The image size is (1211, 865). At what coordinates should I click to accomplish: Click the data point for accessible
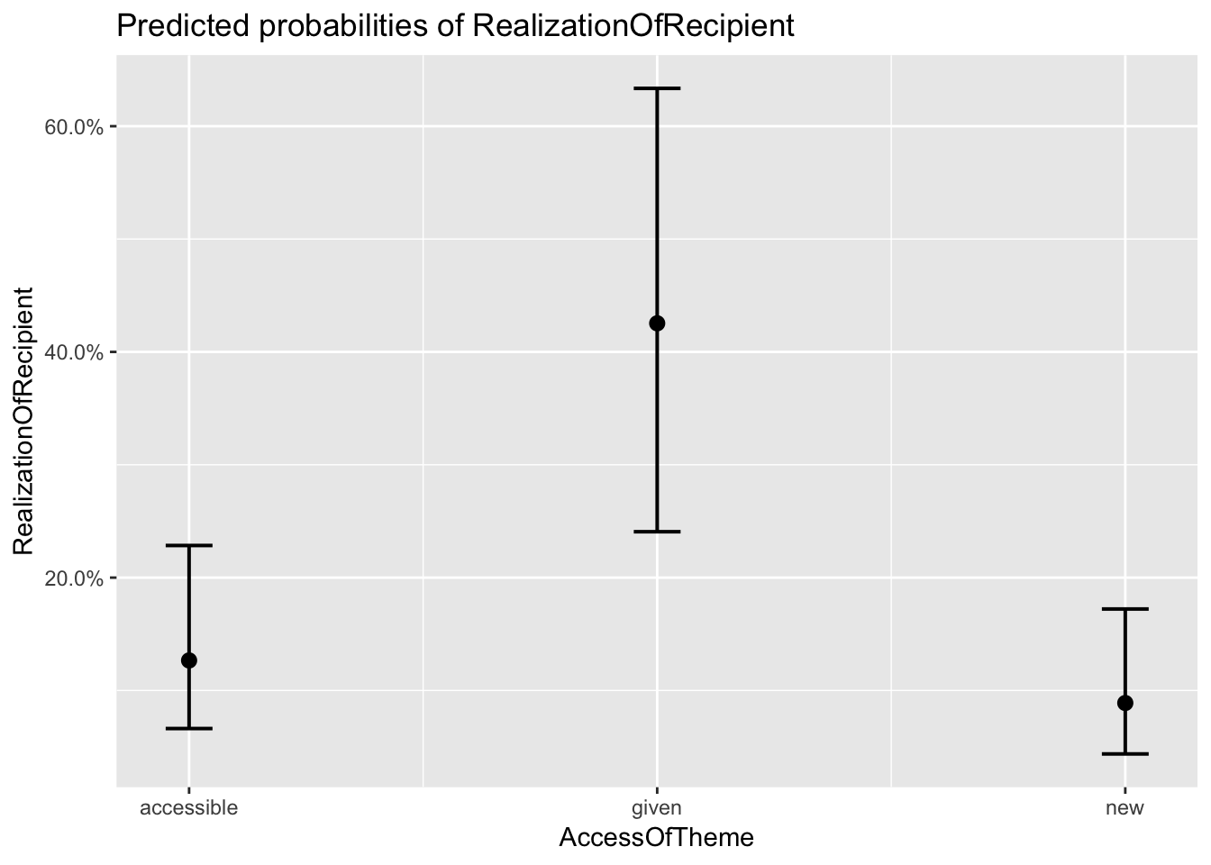point(189,660)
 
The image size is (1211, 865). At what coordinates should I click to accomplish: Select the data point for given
point(657,323)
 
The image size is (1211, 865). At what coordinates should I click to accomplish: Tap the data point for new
point(1124,703)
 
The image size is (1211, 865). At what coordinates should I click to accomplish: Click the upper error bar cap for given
point(657,88)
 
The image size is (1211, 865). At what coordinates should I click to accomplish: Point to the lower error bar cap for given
point(657,532)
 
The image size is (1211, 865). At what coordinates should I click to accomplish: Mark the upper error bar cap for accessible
point(189,546)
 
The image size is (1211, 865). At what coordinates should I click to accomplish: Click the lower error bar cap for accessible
point(189,728)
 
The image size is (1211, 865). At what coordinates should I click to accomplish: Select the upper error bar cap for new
point(1124,610)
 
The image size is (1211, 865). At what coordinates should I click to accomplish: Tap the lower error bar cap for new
point(1124,753)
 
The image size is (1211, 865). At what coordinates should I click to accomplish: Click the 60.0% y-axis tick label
point(74,127)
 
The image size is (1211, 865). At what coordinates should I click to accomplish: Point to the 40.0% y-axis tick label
point(74,352)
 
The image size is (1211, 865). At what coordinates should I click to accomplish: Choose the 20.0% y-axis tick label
point(74,578)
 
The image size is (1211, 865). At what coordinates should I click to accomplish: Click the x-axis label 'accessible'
point(189,807)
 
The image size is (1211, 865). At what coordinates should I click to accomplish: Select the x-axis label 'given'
point(657,807)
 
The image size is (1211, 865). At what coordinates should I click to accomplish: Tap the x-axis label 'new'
point(1124,807)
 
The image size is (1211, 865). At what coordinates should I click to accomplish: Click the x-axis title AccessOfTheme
point(656,838)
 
